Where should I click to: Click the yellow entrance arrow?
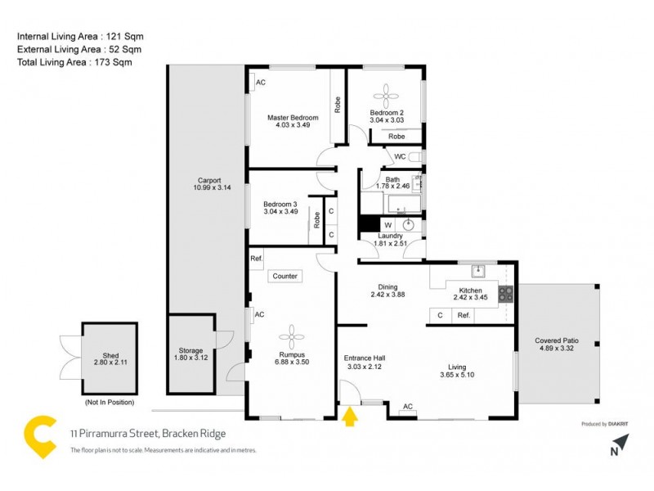(350, 417)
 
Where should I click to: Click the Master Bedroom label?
(293, 118)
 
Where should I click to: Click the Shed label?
(110, 356)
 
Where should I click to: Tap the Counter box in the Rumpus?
(285, 277)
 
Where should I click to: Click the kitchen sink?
(480, 272)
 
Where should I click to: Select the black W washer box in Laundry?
(387, 225)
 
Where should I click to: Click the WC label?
(400, 156)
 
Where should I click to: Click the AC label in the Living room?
(408, 407)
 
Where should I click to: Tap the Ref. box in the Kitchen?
(463, 315)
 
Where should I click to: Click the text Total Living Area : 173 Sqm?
(74, 61)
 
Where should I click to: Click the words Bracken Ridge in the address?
(194, 435)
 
